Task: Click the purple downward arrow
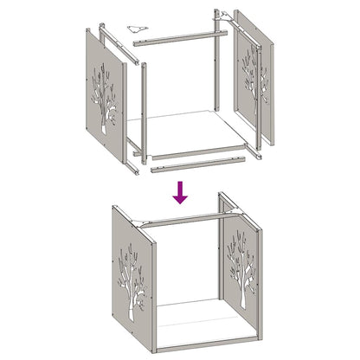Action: click(x=179, y=191)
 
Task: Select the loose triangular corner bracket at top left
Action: click(x=138, y=28)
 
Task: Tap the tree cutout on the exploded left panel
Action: click(x=105, y=97)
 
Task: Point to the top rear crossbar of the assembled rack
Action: click(x=182, y=218)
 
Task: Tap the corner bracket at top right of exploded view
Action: click(x=224, y=15)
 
